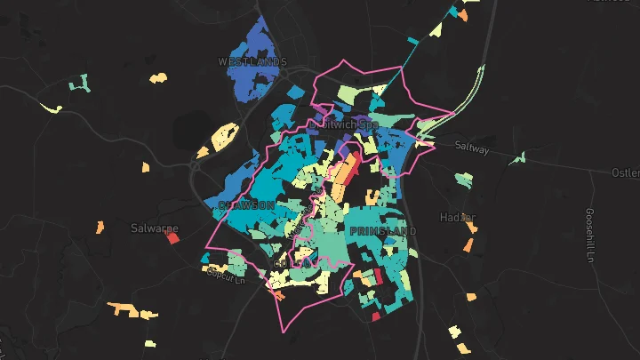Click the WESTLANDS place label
pyautogui.click(x=253, y=62)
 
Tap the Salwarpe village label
pyautogui.click(x=154, y=228)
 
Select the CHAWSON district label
pyautogui.click(x=245, y=205)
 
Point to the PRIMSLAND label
pyautogui.click(x=383, y=231)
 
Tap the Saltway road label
pyautogui.click(x=471, y=149)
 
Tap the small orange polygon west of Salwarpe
pyautogui.click(x=100, y=228)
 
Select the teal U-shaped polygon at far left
pyautogui.click(x=80, y=84)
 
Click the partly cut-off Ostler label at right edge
pyautogui.click(x=626, y=172)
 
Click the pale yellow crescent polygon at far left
pyautogui.click(x=52, y=108)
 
